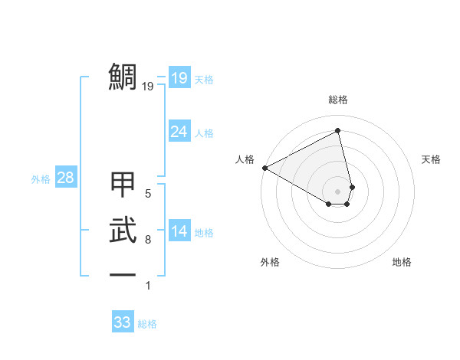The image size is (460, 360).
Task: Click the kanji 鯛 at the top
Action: coord(123,77)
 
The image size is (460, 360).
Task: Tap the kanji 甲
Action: coord(123,186)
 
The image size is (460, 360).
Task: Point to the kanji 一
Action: coord(123,275)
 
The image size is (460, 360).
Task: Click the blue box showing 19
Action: coord(179,78)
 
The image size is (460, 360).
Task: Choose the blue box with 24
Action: coord(179,132)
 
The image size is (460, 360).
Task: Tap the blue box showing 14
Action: coord(179,231)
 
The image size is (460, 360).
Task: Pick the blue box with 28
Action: coord(66,178)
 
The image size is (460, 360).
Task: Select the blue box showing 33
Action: coord(123,322)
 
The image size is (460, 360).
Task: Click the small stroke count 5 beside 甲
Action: coord(148,195)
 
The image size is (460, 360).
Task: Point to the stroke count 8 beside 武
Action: coord(148,240)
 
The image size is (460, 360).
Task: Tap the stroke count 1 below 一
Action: coord(148,286)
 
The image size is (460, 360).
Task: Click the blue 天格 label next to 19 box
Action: coord(204,80)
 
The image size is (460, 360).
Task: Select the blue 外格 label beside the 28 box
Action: coord(41,180)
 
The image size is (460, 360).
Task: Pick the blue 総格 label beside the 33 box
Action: coord(147,324)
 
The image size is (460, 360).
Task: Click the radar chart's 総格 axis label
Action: coord(338,100)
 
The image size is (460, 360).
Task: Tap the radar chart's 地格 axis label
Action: coord(402,262)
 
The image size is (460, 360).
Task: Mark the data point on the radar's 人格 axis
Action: coord(264,167)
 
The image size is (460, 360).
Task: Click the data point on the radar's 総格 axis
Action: coord(338,130)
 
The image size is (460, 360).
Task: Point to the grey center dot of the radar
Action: coord(338,191)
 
